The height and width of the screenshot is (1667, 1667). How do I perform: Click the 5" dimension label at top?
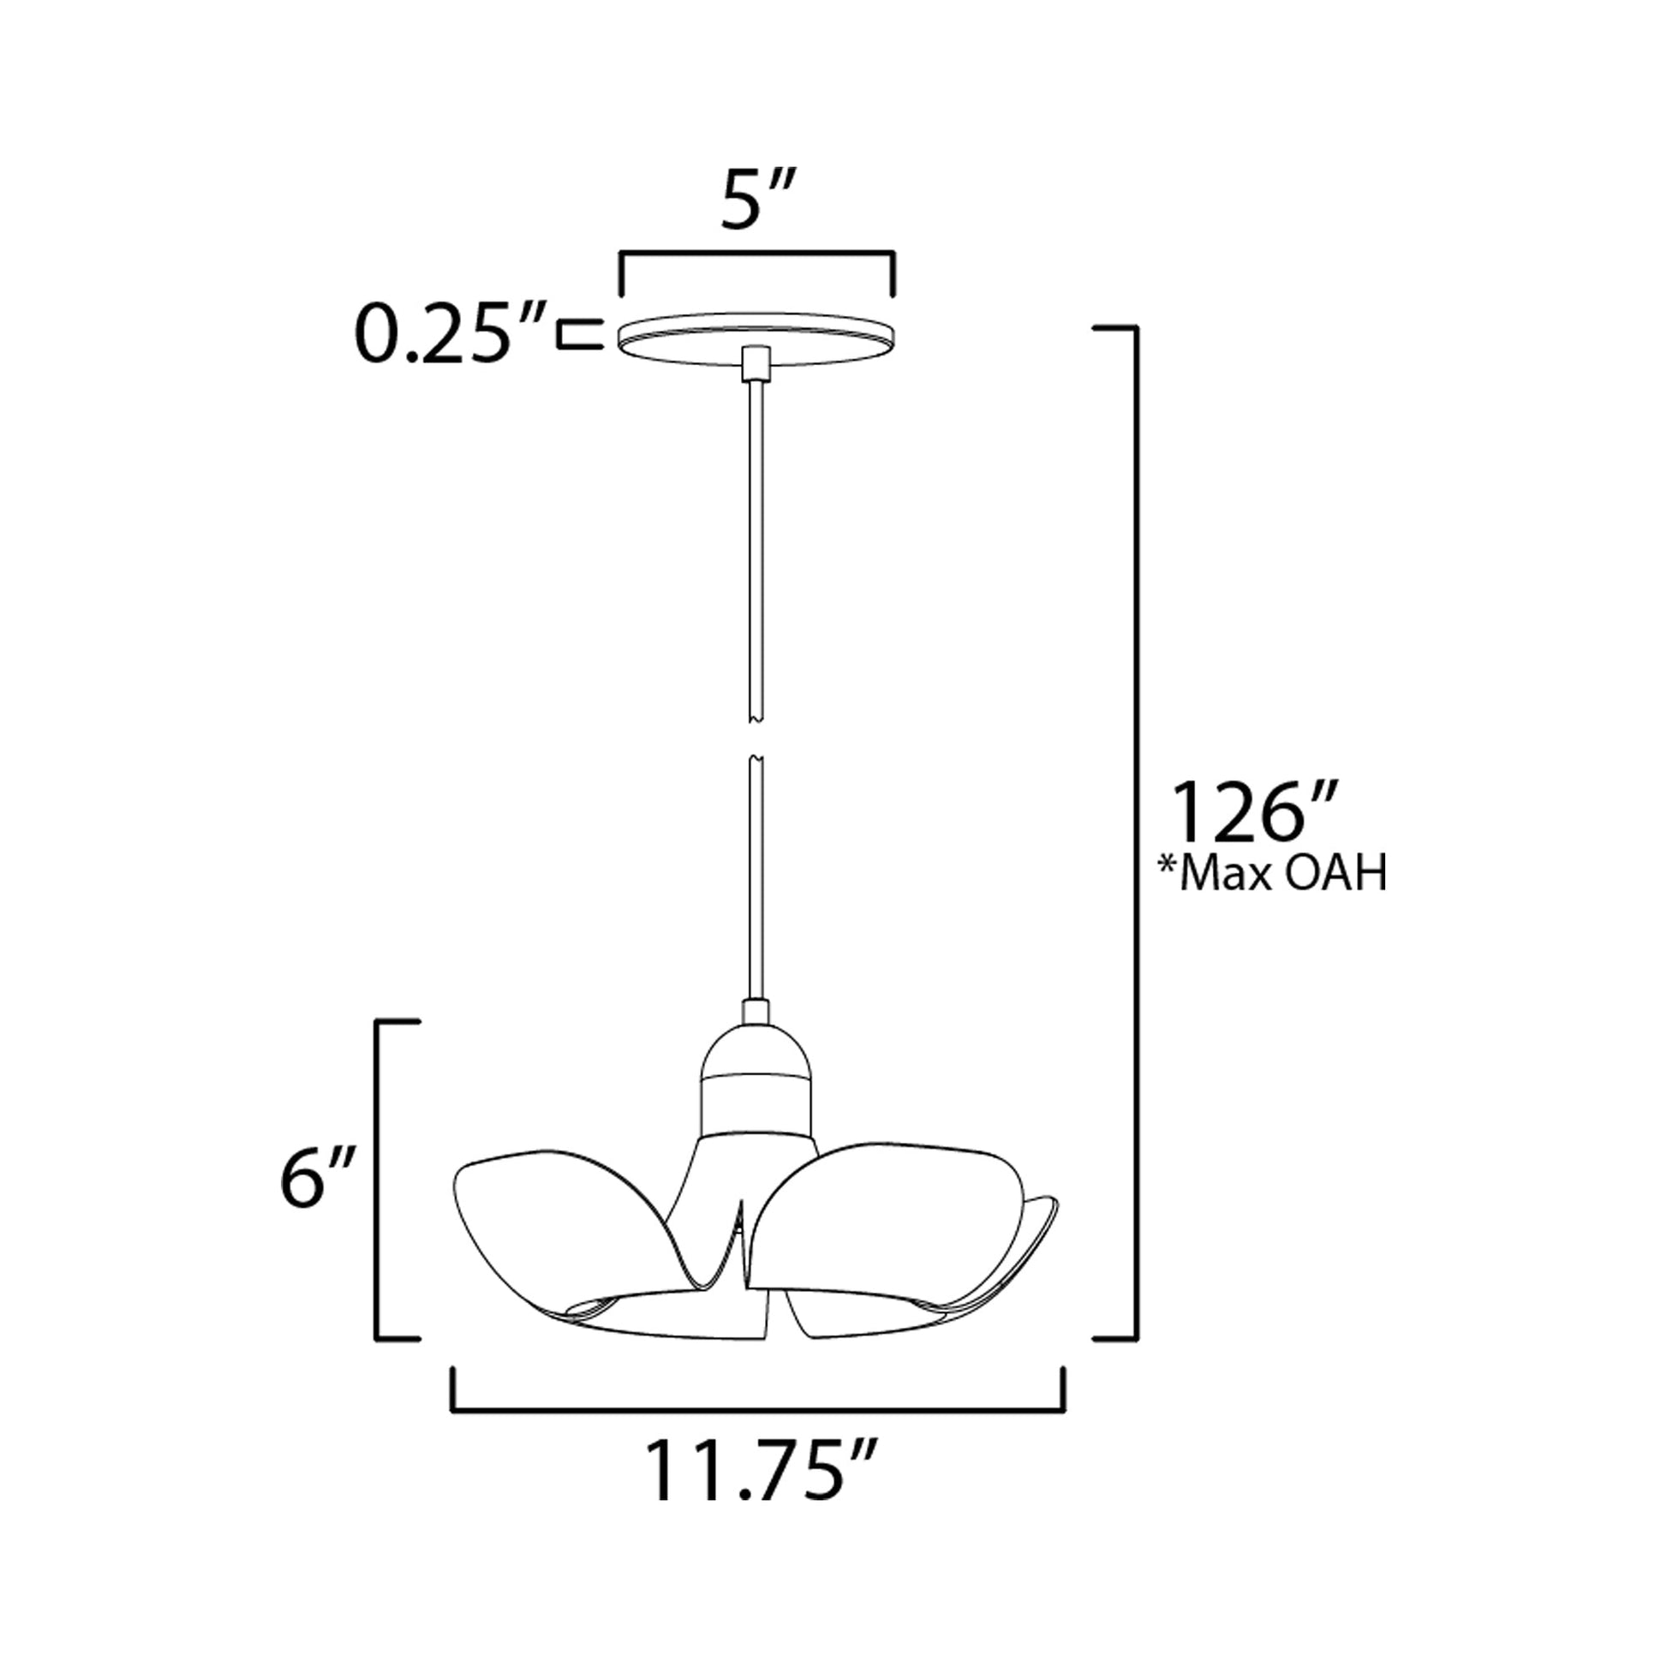click(x=757, y=200)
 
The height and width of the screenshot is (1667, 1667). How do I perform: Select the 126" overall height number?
click(x=1252, y=812)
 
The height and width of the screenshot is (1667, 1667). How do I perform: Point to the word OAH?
click(x=1335, y=874)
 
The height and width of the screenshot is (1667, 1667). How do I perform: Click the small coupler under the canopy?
click(x=756, y=362)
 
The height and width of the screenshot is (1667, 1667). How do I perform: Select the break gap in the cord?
click(x=756, y=738)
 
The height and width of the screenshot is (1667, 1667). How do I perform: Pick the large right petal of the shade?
click(x=888, y=1208)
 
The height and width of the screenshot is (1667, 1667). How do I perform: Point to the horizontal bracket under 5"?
click(x=756, y=254)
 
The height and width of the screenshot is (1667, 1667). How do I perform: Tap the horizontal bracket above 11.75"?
click(x=757, y=1410)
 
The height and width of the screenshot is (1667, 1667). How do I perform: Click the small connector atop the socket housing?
click(x=756, y=1011)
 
